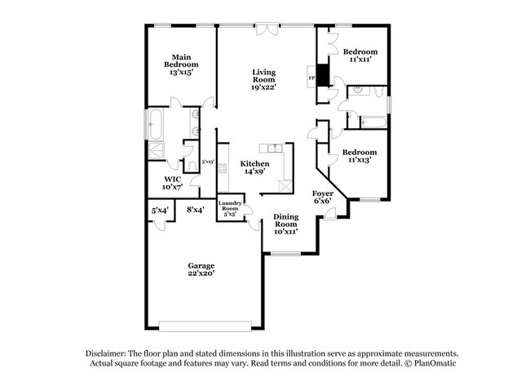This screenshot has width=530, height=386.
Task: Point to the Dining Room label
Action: (285, 224)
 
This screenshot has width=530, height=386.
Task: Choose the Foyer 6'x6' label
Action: (323, 197)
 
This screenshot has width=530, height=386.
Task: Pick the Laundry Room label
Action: (230, 210)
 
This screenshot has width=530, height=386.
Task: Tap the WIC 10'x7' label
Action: (172, 183)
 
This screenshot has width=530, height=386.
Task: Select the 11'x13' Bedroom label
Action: (359, 157)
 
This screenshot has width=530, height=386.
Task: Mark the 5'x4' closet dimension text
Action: (160, 211)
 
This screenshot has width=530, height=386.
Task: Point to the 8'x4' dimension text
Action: (195, 211)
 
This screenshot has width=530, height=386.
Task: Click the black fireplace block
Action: (323, 75)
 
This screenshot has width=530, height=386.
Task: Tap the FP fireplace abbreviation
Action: (311, 79)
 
